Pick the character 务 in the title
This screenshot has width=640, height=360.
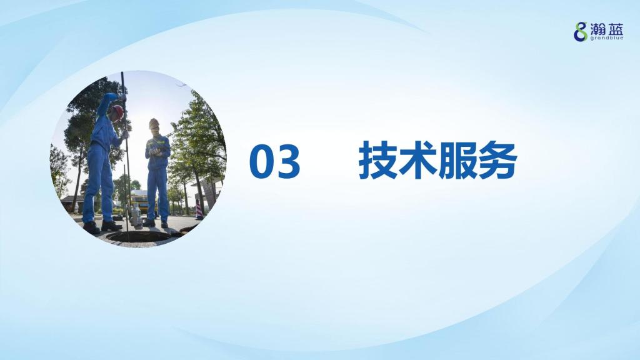click(x=497, y=161)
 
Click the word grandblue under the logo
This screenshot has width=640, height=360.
click(x=607, y=38)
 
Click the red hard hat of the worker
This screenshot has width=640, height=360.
click(x=117, y=112)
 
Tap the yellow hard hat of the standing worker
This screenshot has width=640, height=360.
click(x=154, y=123)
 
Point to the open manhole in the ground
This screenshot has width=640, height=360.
click(x=138, y=236)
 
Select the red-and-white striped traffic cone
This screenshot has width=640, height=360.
click(x=199, y=210)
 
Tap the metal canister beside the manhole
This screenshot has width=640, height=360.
click(x=136, y=217)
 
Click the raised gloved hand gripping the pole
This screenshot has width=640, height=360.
click(x=122, y=97)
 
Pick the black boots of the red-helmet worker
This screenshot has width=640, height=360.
click(x=102, y=227)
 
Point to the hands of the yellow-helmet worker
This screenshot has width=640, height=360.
click(x=155, y=152)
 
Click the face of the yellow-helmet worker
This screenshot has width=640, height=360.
click(x=155, y=130)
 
